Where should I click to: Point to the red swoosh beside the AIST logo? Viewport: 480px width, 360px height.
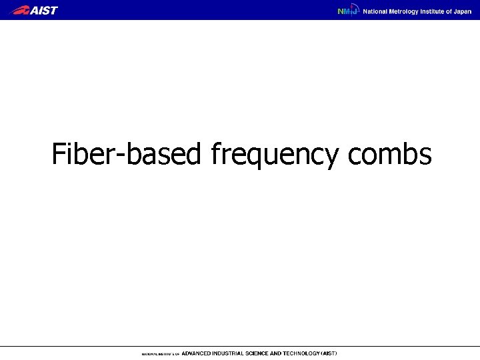click(x=21, y=10)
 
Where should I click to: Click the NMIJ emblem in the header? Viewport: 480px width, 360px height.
click(x=348, y=11)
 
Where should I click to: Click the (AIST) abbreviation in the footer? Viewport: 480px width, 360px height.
click(x=329, y=353)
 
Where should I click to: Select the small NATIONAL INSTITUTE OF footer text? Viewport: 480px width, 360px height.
click(x=159, y=353)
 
